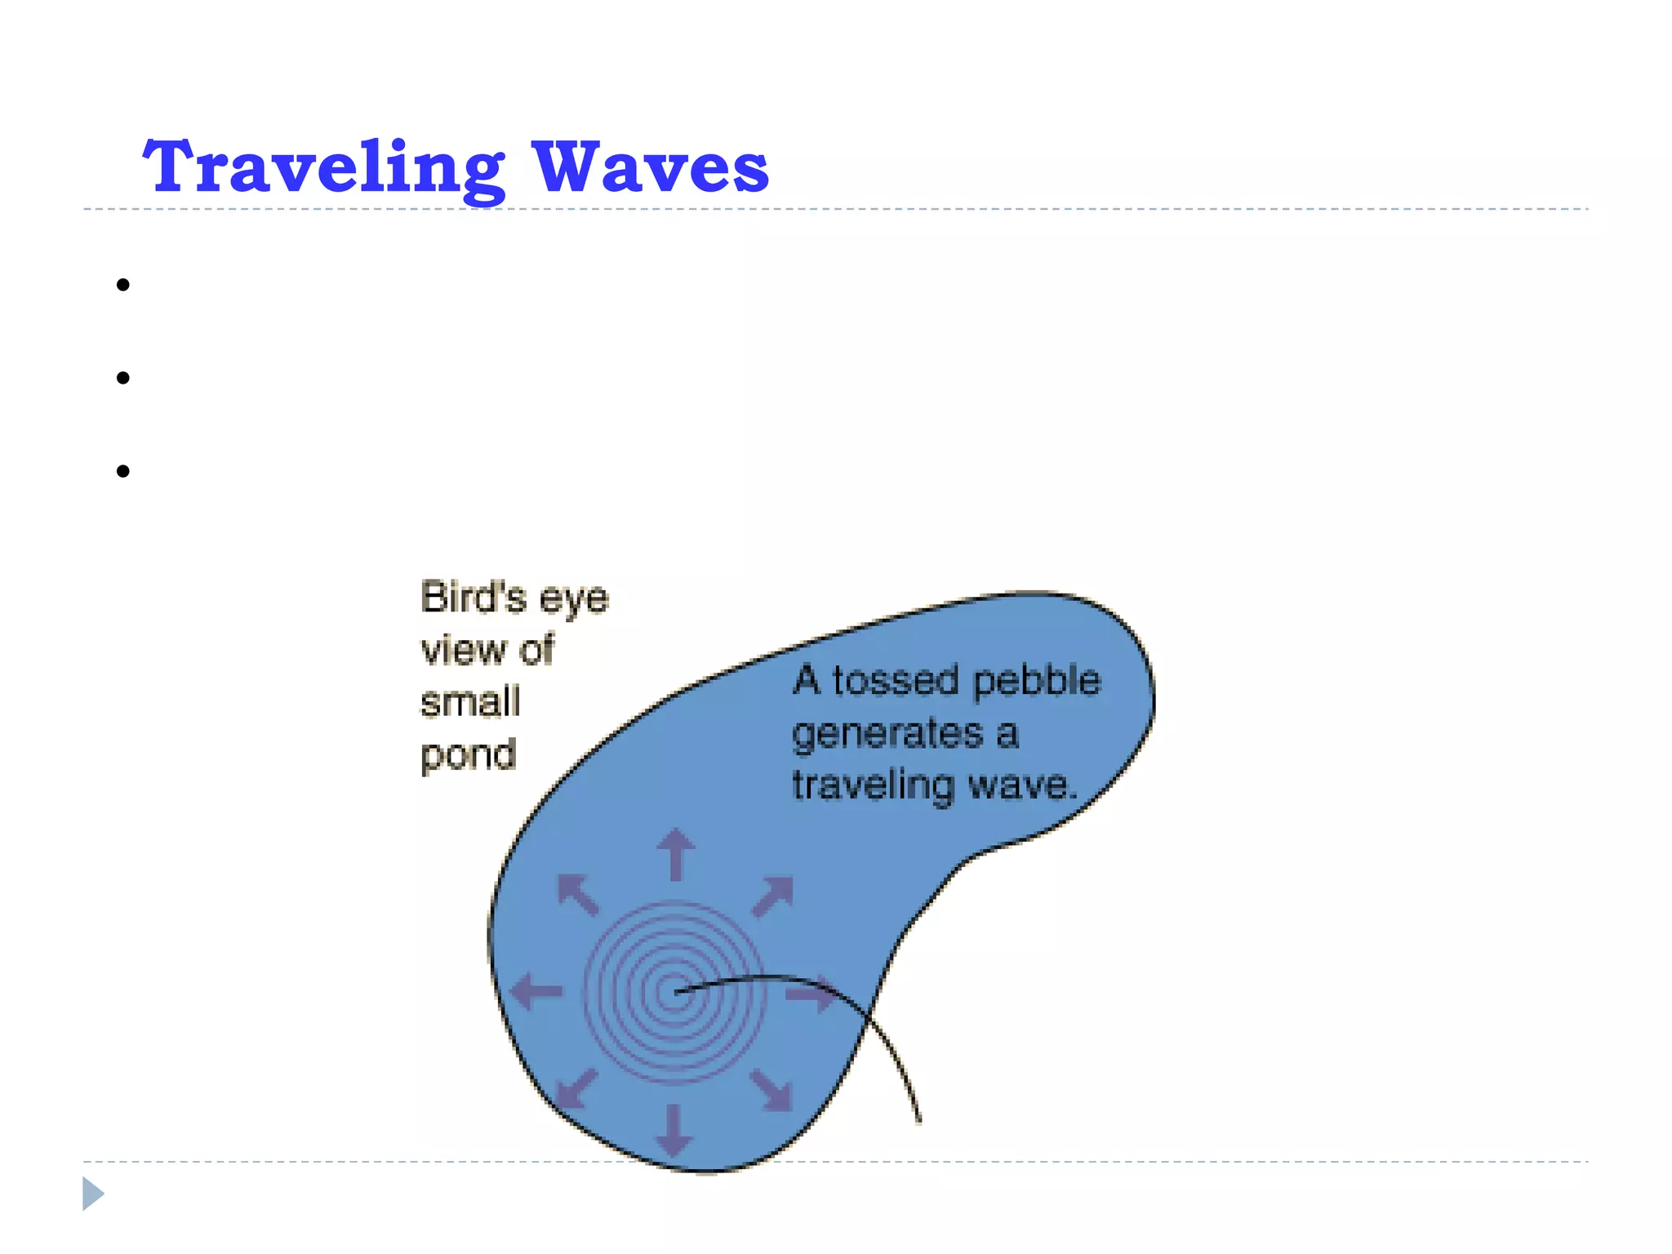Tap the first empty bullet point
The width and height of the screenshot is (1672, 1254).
pyautogui.click(x=123, y=285)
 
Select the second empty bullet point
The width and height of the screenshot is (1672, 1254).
pyautogui.click(x=123, y=378)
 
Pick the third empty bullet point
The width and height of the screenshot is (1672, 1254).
pyautogui.click(x=123, y=471)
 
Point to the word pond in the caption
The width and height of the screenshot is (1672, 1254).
pyautogui.click(x=469, y=755)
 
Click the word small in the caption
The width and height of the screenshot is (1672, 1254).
pyautogui.click(x=470, y=702)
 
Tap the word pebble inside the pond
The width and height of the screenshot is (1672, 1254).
pyautogui.click(x=1037, y=681)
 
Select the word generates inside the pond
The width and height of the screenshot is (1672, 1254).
pyautogui.click(x=887, y=734)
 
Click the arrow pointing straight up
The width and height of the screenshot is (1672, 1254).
pyautogui.click(x=676, y=854)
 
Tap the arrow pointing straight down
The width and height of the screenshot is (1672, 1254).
pyautogui.click(x=674, y=1129)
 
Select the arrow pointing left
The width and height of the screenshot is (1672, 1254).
pyautogui.click(x=536, y=991)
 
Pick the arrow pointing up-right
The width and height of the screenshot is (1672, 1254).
pyautogui.click(x=772, y=896)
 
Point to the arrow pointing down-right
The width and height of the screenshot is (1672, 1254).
pyautogui.click(x=772, y=1089)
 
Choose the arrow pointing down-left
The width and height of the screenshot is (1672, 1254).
pyautogui.click(x=576, y=1089)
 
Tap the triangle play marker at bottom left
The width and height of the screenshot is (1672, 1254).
pyautogui.click(x=92, y=1194)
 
